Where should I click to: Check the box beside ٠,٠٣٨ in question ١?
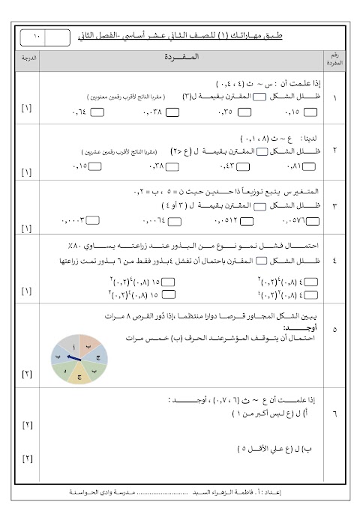pos(172,113)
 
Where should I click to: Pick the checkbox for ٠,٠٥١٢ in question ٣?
pos(242,222)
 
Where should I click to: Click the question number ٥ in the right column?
pos(334,328)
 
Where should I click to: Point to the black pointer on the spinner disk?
pos(76,359)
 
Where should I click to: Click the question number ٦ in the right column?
pos(334,412)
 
